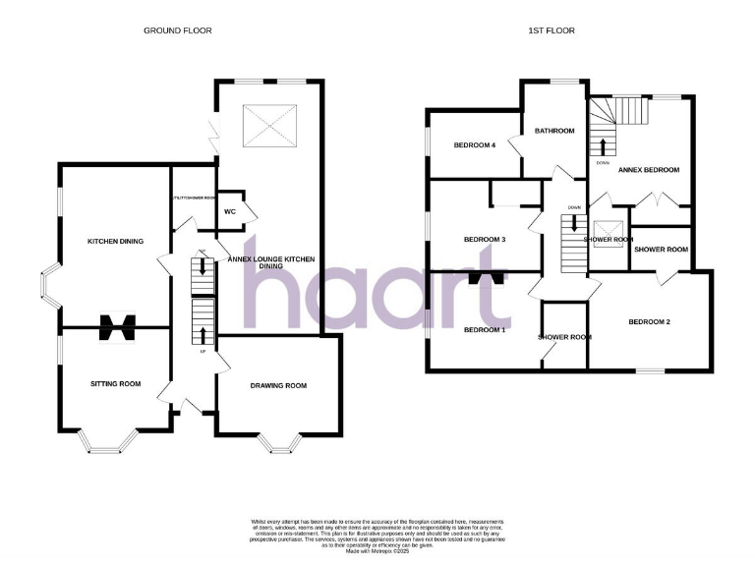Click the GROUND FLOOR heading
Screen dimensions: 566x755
click(x=178, y=30)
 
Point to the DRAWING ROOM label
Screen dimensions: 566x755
click(x=278, y=385)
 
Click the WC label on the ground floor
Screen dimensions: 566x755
click(x=229, y=211)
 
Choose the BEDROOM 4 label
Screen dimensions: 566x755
click(x=473, y=145)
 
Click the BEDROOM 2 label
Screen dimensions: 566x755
click(x=649, y=322)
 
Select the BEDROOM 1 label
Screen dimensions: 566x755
click(x=485, y=329)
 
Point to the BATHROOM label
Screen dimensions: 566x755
click(x=554, y=131)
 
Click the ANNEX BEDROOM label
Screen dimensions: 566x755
click(x=649, y=170)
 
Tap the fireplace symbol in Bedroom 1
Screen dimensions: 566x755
click(x=486, y=278)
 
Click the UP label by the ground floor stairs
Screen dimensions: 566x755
click(x=203, y=351)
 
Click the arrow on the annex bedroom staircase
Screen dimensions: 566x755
click(x=601, y=147)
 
